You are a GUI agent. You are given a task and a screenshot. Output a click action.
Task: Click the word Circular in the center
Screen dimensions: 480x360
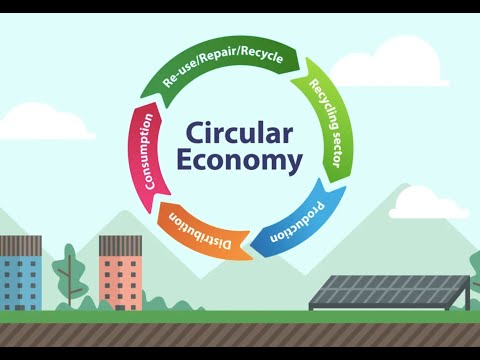[237, 134]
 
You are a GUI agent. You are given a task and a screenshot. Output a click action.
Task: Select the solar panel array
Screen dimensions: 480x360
[391, 290]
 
